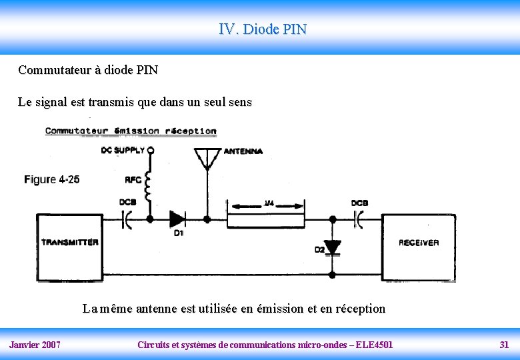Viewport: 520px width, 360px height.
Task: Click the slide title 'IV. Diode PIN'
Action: click(x=263, y=29)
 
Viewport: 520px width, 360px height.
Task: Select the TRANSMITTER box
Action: click(x=70, y=243)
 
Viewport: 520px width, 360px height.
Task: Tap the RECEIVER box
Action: click(x=419, y=243)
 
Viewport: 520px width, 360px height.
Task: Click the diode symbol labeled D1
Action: click(x=177, y=219)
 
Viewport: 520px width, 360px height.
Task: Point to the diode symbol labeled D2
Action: click(x=332, y=247)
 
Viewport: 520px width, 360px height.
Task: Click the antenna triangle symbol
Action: click(x=207, y=159)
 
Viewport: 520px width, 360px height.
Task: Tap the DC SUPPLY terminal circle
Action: click(x=151, y=150)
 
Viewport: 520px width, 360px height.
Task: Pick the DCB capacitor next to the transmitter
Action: click(x=127, y=219)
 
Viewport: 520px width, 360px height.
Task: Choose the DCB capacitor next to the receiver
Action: click(x=358, y=218)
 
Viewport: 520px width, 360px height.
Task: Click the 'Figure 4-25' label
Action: click(x=52, y=179)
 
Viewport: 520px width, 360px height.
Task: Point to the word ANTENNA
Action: click(x=243, y=151)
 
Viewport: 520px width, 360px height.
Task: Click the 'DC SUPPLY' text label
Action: click(x=123, y=150)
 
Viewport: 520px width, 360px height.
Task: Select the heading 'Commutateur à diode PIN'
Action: click(x=88, y=70)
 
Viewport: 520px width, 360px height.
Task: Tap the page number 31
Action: click(x=504, y=345)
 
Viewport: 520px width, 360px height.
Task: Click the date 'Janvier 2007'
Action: click(x=35, y=345)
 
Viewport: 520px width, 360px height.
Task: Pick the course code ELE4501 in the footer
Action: click(x=375, y=345)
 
